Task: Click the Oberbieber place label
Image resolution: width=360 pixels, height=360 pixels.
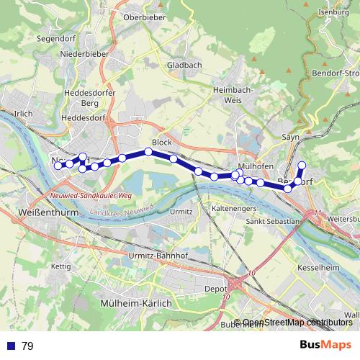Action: click(145, 17)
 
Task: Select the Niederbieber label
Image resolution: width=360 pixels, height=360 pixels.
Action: click(84, 53)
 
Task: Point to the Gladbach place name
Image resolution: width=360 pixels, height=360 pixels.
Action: click(184, 65)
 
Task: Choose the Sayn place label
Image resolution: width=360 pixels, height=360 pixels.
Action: click(290, 136)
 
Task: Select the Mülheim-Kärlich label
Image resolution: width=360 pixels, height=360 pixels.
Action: click(137, 303)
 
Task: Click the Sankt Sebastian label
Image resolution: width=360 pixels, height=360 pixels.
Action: click(271, 222)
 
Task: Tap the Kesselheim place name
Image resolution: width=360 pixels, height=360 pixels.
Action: click(318, 267)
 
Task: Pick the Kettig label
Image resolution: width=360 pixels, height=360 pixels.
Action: click(61, 266)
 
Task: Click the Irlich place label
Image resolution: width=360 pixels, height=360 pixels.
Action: click(24, 114)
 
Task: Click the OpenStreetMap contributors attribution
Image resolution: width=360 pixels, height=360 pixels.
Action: click(297, 323)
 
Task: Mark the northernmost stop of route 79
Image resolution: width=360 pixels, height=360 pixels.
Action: click(302, 166)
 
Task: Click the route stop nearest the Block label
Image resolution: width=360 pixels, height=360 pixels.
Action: click(148, 151)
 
